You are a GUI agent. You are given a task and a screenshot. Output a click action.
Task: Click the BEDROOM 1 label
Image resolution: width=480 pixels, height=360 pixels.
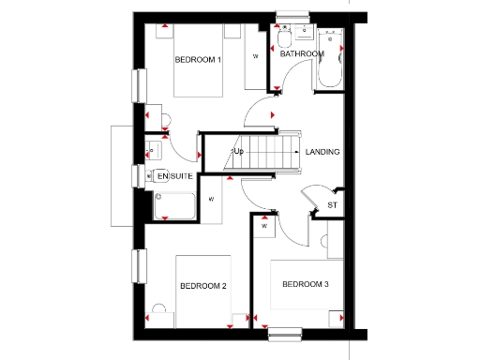[198, 61]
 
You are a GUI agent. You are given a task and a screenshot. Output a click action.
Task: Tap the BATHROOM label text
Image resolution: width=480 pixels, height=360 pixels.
[302, 54]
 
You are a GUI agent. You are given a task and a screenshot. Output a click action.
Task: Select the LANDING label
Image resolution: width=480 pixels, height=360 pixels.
[322, 152]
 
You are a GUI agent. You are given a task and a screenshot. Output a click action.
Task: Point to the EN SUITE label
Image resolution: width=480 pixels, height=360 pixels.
[173, 176]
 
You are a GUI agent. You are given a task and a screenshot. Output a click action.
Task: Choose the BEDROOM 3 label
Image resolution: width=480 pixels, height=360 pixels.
[305, 284]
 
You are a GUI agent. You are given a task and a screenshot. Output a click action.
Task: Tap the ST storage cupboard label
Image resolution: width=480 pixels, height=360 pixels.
[332, 205]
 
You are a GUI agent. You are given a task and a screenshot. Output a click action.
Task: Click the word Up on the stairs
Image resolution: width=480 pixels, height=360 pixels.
[238, 151]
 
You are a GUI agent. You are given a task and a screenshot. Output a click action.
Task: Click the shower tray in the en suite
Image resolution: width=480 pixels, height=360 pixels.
[174, 206]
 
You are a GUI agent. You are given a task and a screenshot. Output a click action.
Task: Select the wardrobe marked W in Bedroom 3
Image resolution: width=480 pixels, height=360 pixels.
[264, 226]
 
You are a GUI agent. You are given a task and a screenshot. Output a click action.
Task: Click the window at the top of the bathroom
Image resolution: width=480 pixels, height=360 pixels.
[292, 13]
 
